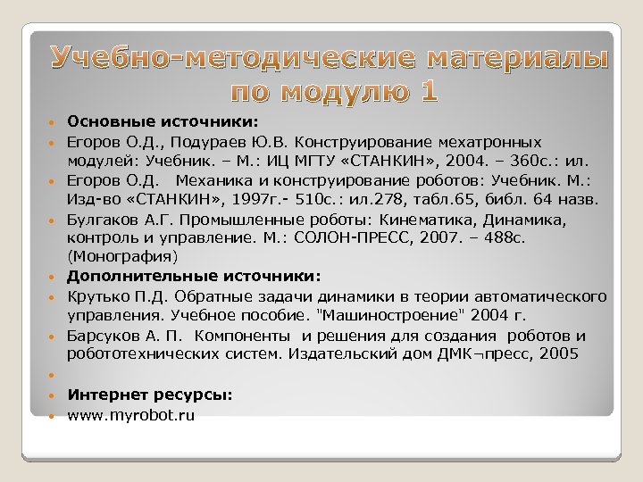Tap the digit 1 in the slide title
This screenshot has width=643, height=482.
point(428,90)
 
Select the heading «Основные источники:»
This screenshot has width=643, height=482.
point(163,121)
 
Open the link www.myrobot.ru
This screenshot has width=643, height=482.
point(131,414)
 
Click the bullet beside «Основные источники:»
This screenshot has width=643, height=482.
point(54,121)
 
